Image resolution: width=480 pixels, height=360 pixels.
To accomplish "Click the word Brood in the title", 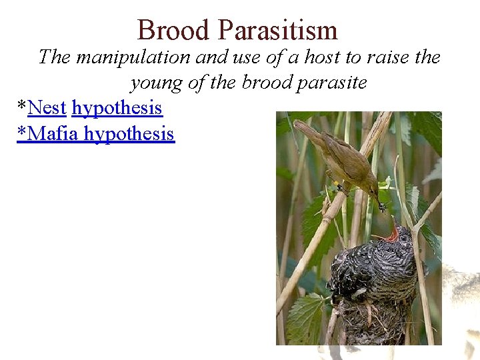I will (x=174, y=31).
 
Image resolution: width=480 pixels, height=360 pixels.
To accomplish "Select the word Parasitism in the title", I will (x=278, y=31).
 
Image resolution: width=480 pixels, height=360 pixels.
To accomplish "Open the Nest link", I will (x=47, y=107).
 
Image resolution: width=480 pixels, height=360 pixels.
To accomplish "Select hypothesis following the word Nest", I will (x=117, y=107).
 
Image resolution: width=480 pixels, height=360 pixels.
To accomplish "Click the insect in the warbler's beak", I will (x=383, y=207).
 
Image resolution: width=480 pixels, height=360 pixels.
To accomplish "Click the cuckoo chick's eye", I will (x=403, y=238).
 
